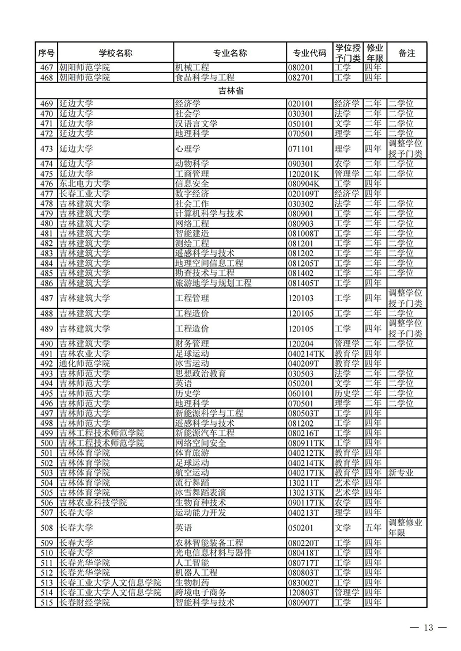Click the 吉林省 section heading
point(231,90)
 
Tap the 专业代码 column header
point(309,53)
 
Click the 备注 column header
point(406,53)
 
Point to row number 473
point(47,149)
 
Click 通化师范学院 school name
point(84,363)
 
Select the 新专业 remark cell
point(401,473)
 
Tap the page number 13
point(427,627)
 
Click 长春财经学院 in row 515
point(84,602)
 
